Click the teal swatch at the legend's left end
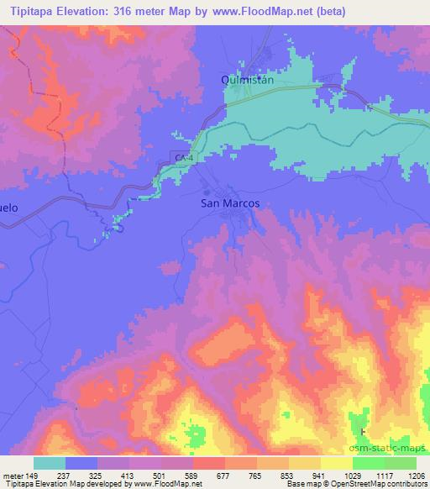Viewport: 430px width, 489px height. click(x=50, y=463)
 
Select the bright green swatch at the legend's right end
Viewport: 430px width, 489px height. click(x=401, y=463)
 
